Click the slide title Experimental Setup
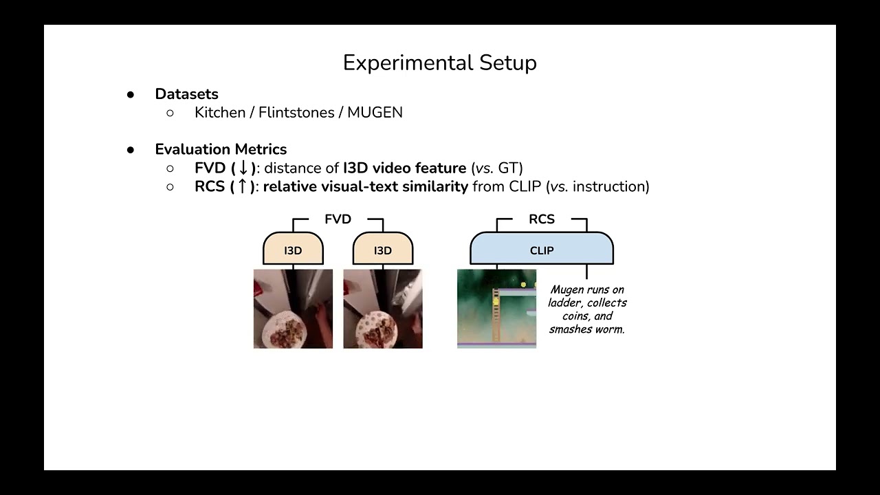pyautogui.click(x=439, y=63)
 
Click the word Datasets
pyautogui.click(x=186, y=94)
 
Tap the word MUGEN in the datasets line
pyautogui.click(x=375, y=113)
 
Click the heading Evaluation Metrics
pyautogui.click(x=221, y=149)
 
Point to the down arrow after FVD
pyautogui.click(x=243, y=168)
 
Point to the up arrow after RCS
pyautogui.click(x=243, y=186)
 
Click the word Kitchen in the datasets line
pyautogui.click(x=220, y=113)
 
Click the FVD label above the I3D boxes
pyautogui.click(x=338, y=219)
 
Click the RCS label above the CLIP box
pyautogui.click(x=541, y=219)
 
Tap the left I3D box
pyautogui.click(x=293, y=250)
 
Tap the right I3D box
pyautogui.click(x=383, y=250)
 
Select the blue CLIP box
pyautogui.click(x=541, y=250)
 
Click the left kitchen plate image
pyautogui.click(x=293, y=309)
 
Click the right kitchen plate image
pyautogui.click(x=383, y=309)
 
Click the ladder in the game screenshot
pyautogui.click(x=496, y=320)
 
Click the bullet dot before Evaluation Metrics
pyautogui.click(x=131, y=150)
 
